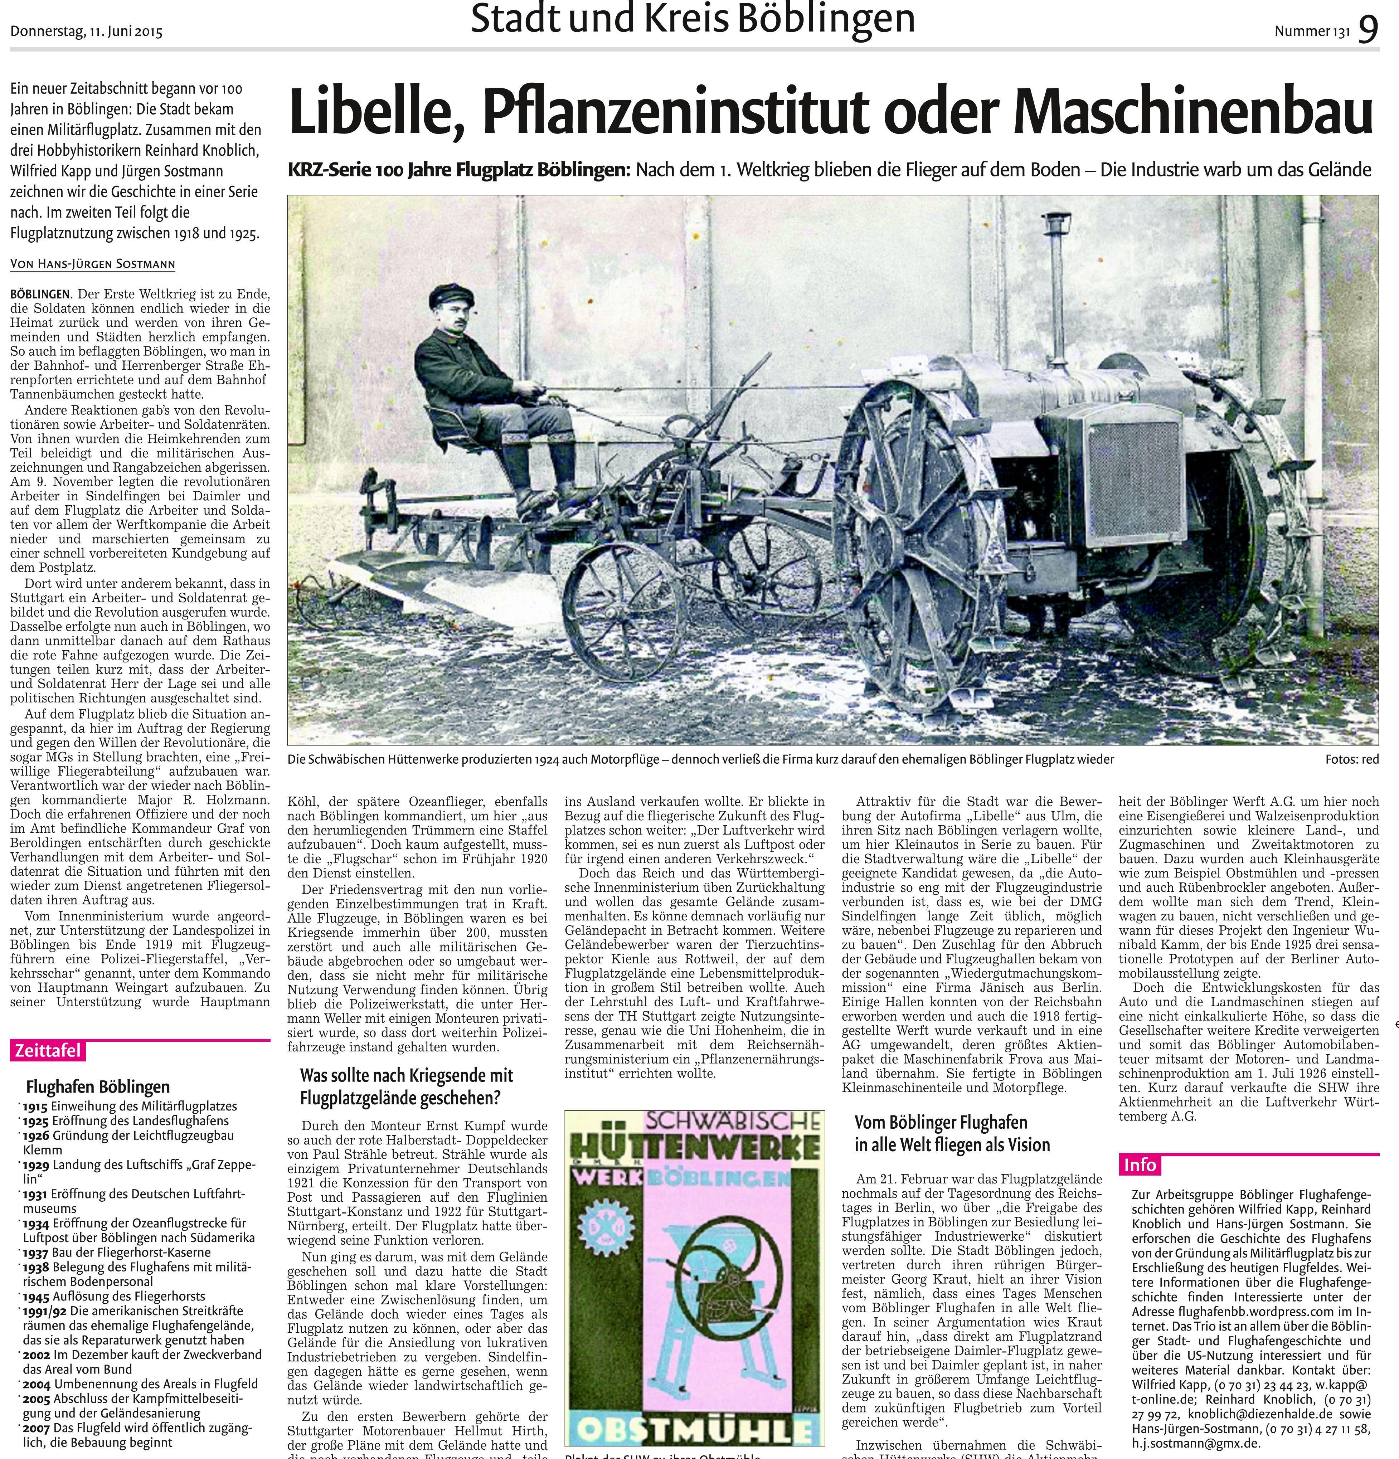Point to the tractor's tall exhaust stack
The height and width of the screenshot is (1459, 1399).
pyautogui.click(x=1057, y=298)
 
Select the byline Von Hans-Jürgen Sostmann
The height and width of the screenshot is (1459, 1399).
pyautogui.click(x=93, y=263)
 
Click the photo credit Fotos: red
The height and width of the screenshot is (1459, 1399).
pyautogui.click(x=1351, y=759)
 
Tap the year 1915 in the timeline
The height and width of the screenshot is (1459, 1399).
pyautogui.click(x=35, y=1106)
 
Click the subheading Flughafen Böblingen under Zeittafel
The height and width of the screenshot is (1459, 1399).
pyautogui.click(x=98, y=1087)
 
